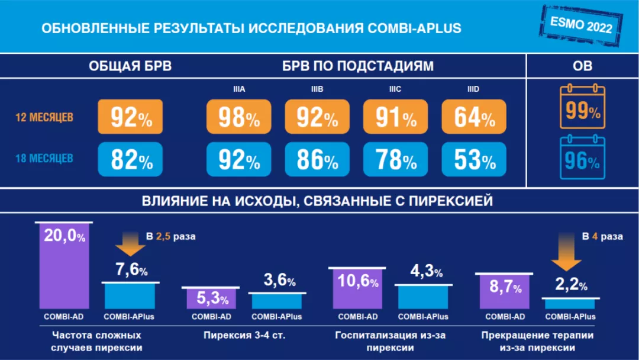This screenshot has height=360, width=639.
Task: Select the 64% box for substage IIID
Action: coord(474,116)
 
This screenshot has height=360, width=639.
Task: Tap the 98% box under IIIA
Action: coord(238,116)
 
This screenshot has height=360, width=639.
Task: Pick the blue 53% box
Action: coord(474,159)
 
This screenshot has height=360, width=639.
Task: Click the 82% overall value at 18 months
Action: coord(130,159)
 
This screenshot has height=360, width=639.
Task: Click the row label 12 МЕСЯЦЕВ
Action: coord(44,117)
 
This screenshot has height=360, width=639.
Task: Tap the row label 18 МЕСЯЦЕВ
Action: coord(44,159)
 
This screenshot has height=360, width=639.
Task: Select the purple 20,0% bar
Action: coord(64,265)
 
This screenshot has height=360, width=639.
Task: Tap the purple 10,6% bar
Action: coord(357,288)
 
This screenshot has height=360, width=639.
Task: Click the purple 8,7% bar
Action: coord(505,291)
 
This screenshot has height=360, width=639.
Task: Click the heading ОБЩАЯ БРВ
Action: coord(130,66)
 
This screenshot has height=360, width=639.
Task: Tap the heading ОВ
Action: coord(582,66)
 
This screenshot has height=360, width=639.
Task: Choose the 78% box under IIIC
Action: coord(395,159)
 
